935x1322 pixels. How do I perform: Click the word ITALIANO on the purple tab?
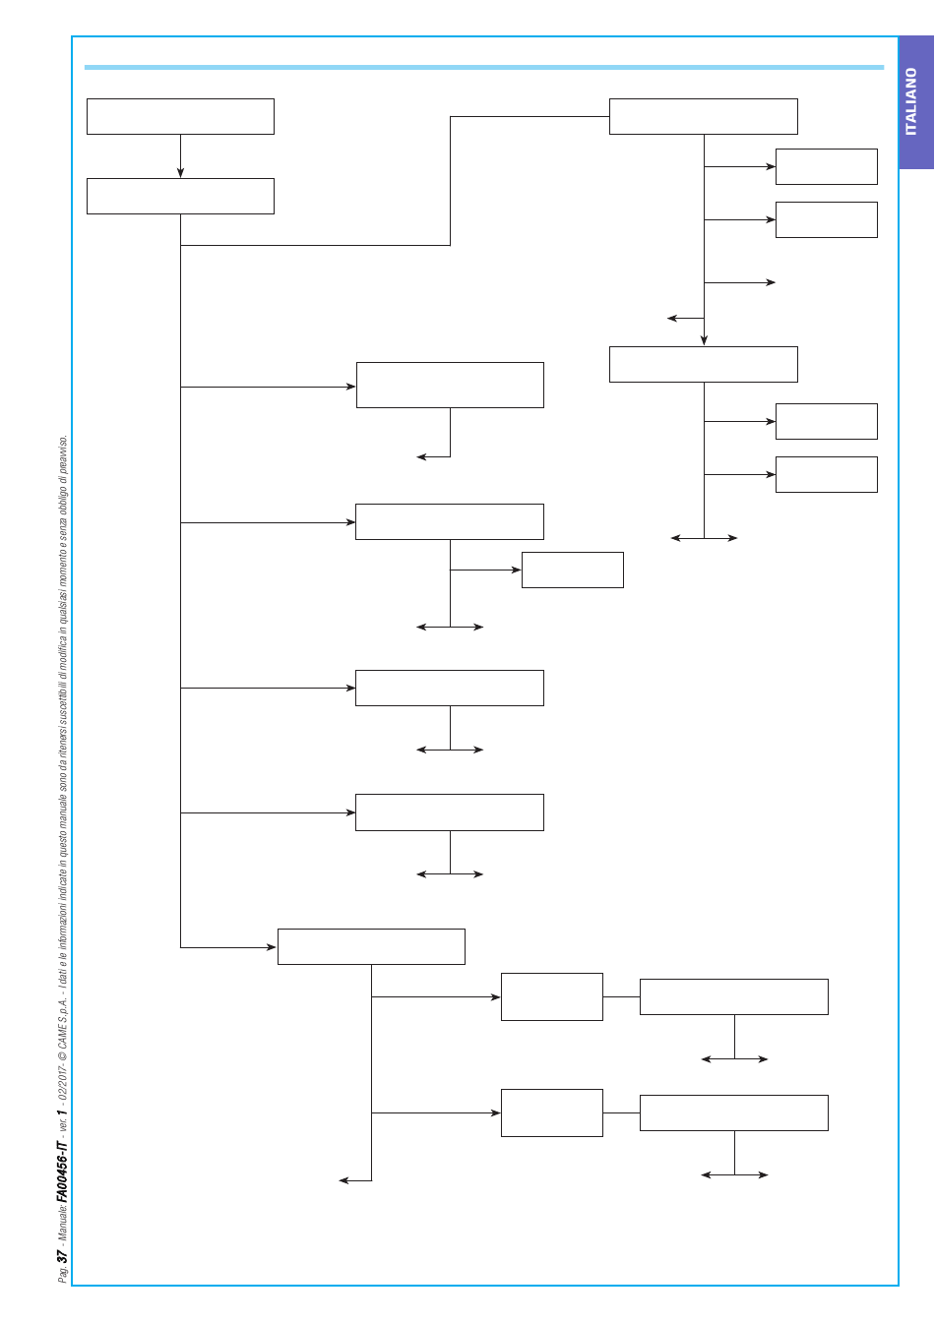[911, 101]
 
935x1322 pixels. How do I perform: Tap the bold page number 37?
[63, 1256]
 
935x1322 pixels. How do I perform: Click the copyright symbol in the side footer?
[63, 1054]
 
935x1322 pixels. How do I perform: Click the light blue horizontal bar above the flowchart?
[484, 67]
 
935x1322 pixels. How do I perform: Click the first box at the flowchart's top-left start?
[180, 116]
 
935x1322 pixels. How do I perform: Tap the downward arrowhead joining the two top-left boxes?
[180, 173]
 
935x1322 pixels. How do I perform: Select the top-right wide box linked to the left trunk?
[703, 116]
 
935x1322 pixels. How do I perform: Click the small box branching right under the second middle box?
[573, 570]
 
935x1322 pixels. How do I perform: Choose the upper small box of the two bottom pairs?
[552, 996]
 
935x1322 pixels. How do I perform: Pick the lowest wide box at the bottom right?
[733, 1112]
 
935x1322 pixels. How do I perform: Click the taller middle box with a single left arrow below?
[450, 385]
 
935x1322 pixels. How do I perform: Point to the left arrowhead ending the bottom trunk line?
[343, 1180]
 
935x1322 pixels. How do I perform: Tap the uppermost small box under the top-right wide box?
[826, 166]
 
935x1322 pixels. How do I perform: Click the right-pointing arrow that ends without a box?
[739, 282]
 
